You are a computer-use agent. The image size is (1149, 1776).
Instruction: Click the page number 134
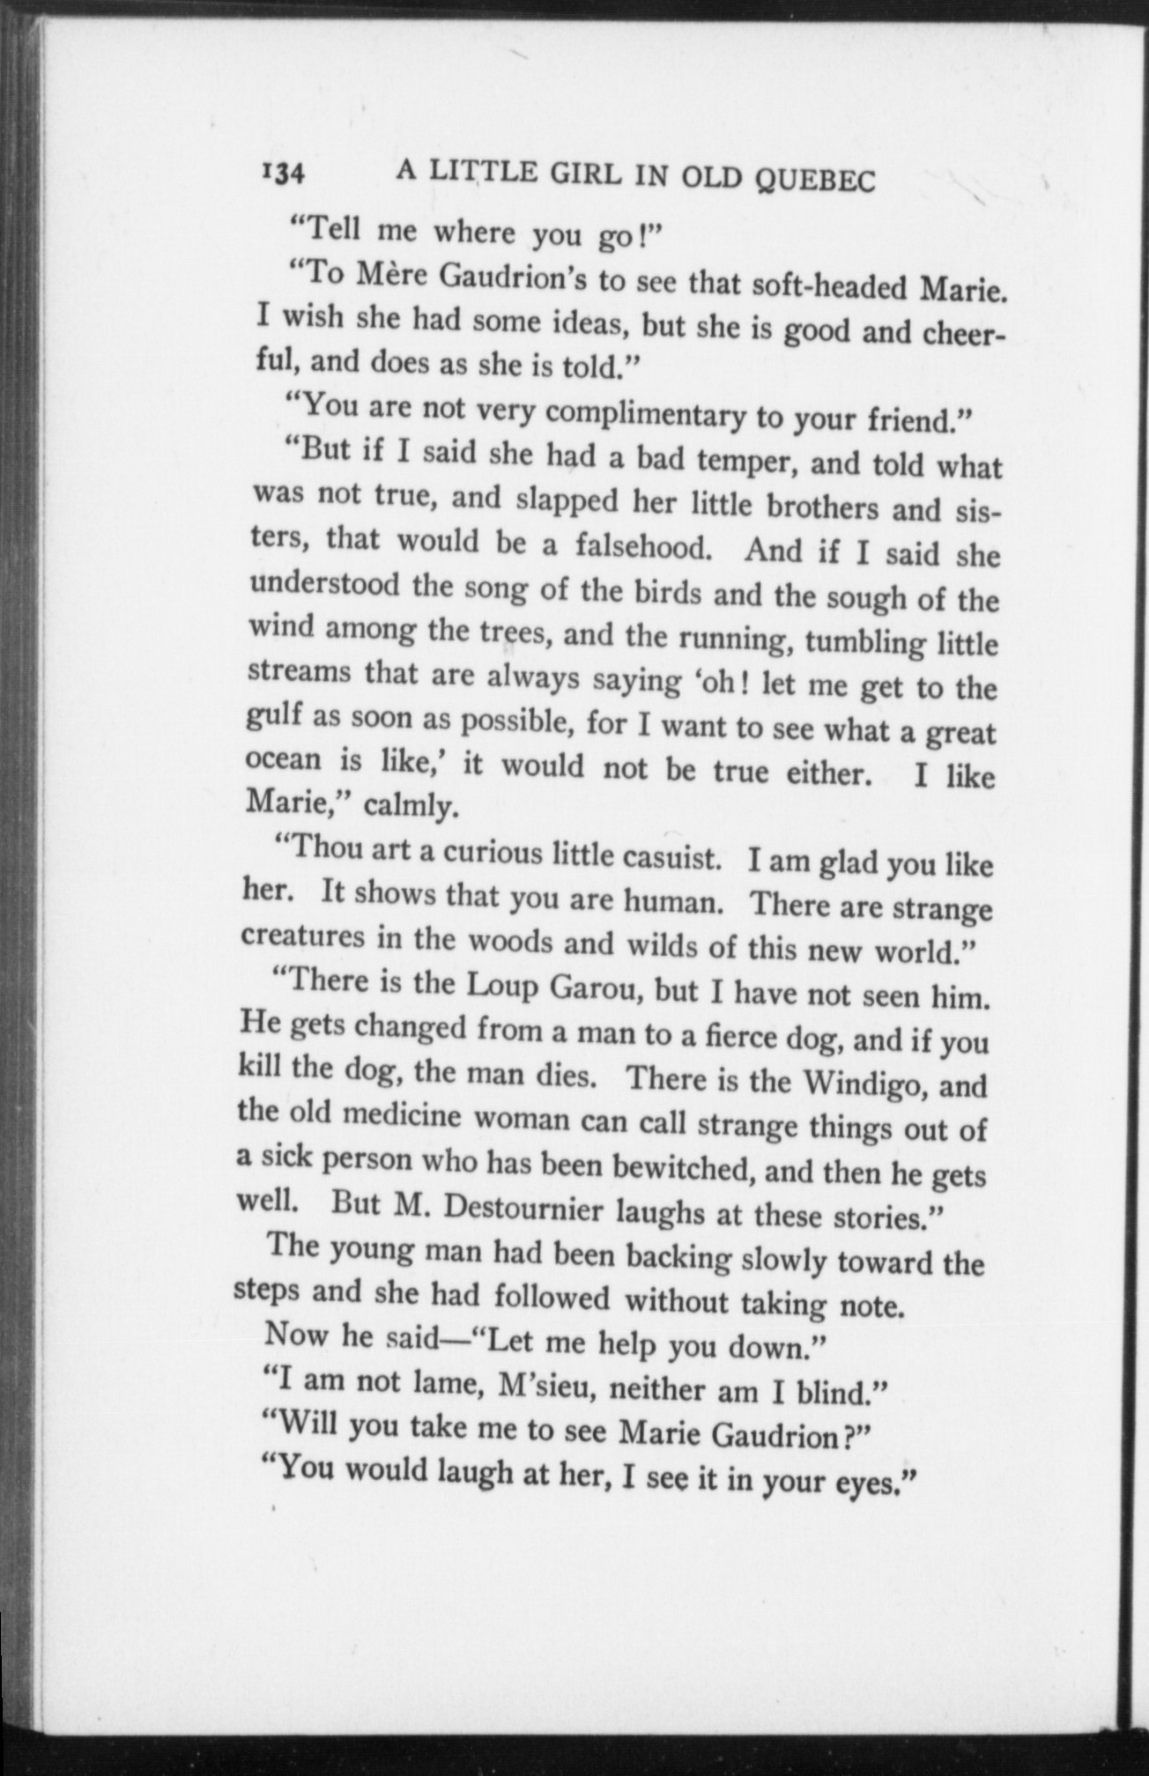pyautogui.click(x=282, y=173)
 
